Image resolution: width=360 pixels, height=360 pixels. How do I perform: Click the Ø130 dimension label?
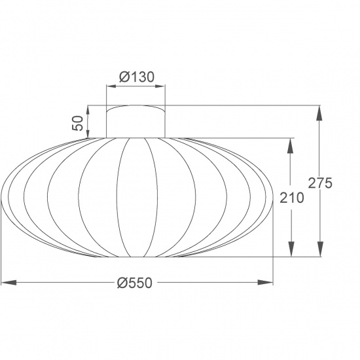pos(136,77)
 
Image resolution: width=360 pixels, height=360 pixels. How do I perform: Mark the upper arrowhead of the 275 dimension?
pos(319,113)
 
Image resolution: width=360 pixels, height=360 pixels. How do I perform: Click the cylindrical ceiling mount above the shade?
pos(136,121)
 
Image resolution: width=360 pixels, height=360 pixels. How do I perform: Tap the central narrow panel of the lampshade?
pos(136,196)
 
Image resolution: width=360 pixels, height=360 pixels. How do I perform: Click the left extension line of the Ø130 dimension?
pos(107,95)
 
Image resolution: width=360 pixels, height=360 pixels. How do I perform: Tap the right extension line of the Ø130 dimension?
pos(165,95)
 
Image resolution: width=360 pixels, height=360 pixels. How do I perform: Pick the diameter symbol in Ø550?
pos(121,283)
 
